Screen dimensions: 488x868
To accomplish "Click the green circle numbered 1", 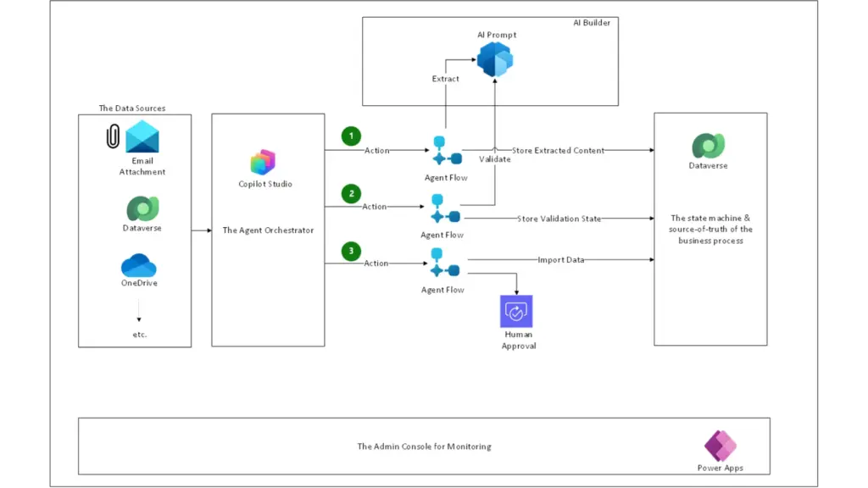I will coord(351,136).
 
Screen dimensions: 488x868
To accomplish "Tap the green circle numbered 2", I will coord(351,194).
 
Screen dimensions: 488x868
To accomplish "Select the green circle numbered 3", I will coord(351,251).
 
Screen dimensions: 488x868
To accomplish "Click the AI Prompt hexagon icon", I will coord(495,60).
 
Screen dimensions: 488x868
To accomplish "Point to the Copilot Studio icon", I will coord(264,162).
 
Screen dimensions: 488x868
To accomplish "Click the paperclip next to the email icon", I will coord(113,137).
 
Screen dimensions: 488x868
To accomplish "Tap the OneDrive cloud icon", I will coord(140,265).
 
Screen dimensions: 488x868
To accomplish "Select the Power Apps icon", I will coord(721,446).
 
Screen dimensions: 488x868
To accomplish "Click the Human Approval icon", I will coord(516,312).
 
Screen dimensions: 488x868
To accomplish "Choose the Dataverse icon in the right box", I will coord(708,146).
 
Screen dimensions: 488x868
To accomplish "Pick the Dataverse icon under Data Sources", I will coord(142,208).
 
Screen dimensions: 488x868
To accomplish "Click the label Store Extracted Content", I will coord(558,150).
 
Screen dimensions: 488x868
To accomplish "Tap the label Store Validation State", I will coord(559,219).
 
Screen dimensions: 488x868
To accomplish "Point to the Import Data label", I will coord(560,259).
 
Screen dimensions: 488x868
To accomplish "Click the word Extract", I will coord(446,79).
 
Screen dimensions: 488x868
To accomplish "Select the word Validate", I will coord(494,159).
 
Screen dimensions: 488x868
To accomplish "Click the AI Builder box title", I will coord(591,23).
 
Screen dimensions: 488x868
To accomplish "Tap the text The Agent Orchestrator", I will coord(268,230).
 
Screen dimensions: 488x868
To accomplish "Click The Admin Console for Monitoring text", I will coord(424,446).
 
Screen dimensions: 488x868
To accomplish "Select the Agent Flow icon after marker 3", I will coord(445,263).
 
